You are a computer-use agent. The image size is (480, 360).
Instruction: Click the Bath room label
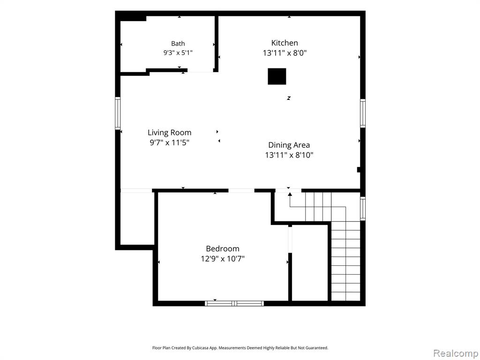tap(178, 44)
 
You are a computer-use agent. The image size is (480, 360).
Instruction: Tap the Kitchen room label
tap(285, 43)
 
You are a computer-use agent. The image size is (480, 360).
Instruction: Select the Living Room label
tap(169, 133)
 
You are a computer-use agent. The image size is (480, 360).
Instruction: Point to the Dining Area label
tap(289, 145)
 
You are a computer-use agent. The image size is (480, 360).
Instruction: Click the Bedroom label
tap(223, 248)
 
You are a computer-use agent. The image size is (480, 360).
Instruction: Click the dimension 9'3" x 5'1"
tap(178, 52)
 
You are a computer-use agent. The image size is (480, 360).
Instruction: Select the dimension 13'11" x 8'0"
tap(285, 53)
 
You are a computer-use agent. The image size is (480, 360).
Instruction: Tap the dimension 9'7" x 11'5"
tap(170, 142)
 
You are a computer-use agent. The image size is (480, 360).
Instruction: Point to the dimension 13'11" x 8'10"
tap(289, 155)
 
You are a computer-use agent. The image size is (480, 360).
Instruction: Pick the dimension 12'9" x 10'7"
tap(223, 259)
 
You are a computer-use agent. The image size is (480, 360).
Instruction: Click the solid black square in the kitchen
tap(277, 76)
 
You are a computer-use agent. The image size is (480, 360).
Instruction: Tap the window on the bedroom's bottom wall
tap(234, 303)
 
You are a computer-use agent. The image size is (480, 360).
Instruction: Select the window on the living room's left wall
tap(118, 113)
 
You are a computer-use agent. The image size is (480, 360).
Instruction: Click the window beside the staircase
tap(363, 209)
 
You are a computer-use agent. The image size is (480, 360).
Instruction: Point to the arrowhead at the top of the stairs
tap(290, 194)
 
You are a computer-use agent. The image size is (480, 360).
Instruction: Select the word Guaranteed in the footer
tap(318, 348)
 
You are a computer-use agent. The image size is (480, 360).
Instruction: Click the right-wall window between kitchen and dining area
tap(363, 113)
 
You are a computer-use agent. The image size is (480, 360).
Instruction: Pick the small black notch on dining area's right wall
tap(359, 170)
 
